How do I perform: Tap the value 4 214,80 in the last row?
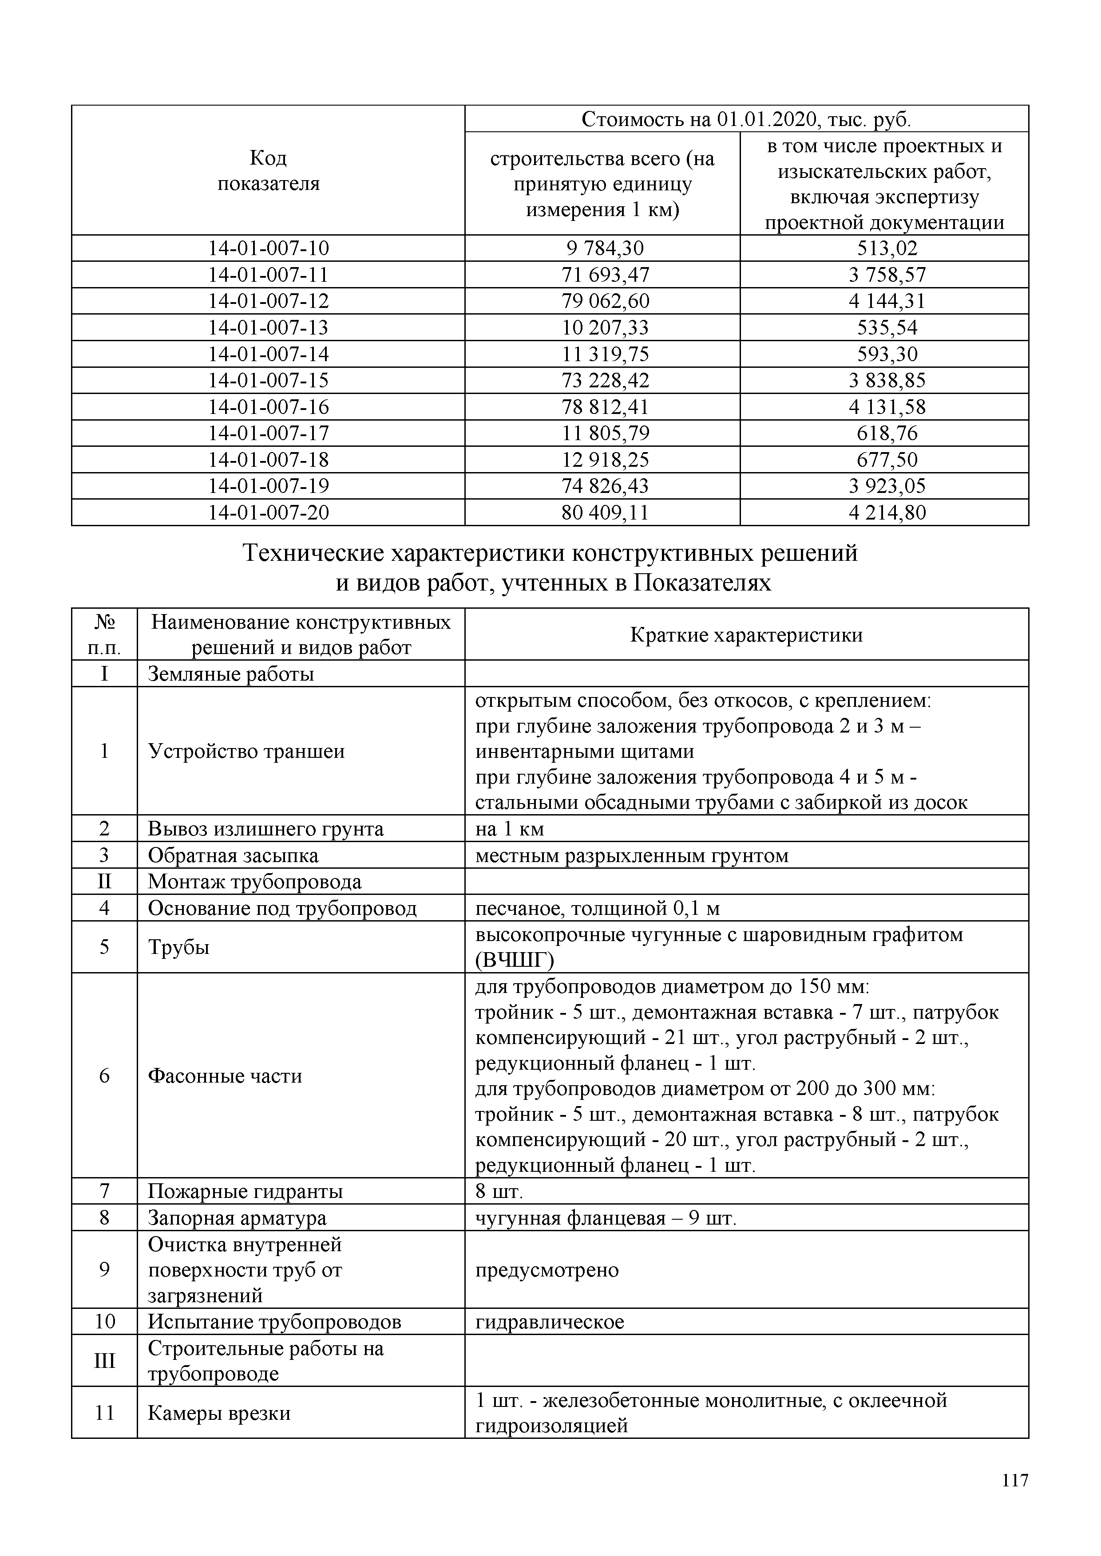886,512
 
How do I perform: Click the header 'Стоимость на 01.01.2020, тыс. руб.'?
746,119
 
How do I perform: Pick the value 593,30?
886,354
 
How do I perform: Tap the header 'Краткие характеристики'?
746,635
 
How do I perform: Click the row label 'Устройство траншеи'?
246,751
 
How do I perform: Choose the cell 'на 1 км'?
509,829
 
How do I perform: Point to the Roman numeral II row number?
104,882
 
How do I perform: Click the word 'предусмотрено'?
547,1270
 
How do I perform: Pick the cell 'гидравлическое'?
549,1322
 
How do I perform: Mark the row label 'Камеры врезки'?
219,1414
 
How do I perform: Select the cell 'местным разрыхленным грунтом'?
631,856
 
